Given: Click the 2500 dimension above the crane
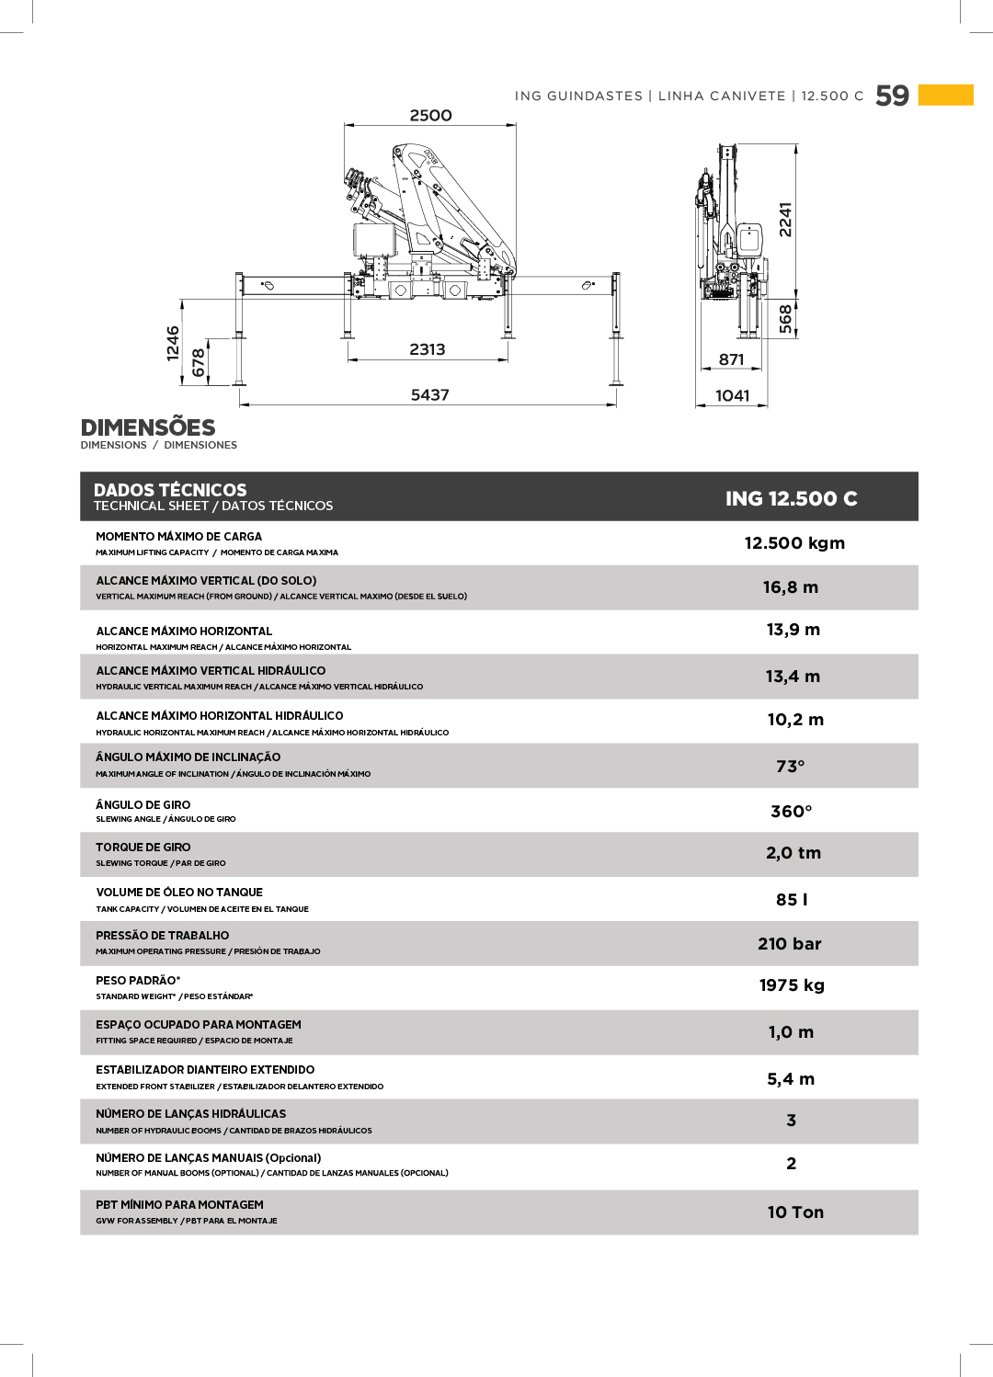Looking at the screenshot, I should tap(430, 116).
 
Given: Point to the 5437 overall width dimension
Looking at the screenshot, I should tap(429, 395).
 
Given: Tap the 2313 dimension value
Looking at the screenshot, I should tap(427, 349).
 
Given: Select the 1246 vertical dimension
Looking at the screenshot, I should tap(173, 343).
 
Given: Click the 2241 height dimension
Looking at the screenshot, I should tap(785, 220).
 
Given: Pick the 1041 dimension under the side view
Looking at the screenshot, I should tap(732, 396).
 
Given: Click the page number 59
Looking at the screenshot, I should tap(892, 96).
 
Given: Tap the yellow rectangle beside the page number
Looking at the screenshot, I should tap(945, 95).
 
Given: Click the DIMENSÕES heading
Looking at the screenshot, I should tap(148, 427).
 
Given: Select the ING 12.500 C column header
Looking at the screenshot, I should tap(791, 498).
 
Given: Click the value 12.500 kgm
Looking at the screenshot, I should tap(794, 543).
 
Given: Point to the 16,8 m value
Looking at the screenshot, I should tap(790, 587).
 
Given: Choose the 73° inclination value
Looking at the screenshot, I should tap(790, 767).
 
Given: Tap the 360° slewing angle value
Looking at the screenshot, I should tap(791, 812).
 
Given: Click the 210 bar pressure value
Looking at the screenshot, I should tap(789, 944).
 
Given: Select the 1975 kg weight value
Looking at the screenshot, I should tap(791, 985).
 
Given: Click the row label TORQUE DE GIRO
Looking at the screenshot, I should tap(143, 848).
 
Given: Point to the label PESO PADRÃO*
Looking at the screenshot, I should tap(138, 981).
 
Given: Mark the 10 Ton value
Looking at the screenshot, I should tap(795, 1212).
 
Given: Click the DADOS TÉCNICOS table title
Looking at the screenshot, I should tap(170, 490).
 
